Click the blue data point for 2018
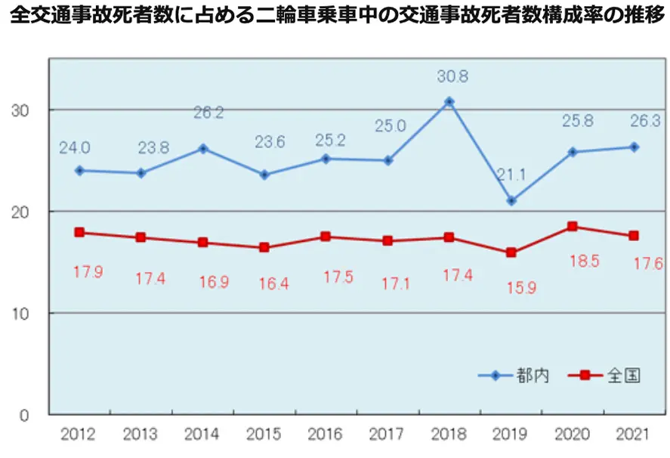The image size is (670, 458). point(449,101)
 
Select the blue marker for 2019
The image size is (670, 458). point(511,201)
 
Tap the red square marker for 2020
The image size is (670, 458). point(572,226)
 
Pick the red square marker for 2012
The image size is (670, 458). point(79,232)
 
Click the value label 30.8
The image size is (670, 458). point(452,76)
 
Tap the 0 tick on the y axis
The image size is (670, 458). point(25,415)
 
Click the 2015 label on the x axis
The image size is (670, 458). point(264,435)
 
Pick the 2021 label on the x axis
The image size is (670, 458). point(634,435)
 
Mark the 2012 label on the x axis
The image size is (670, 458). point(79,435)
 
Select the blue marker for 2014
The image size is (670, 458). point(202,148)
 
